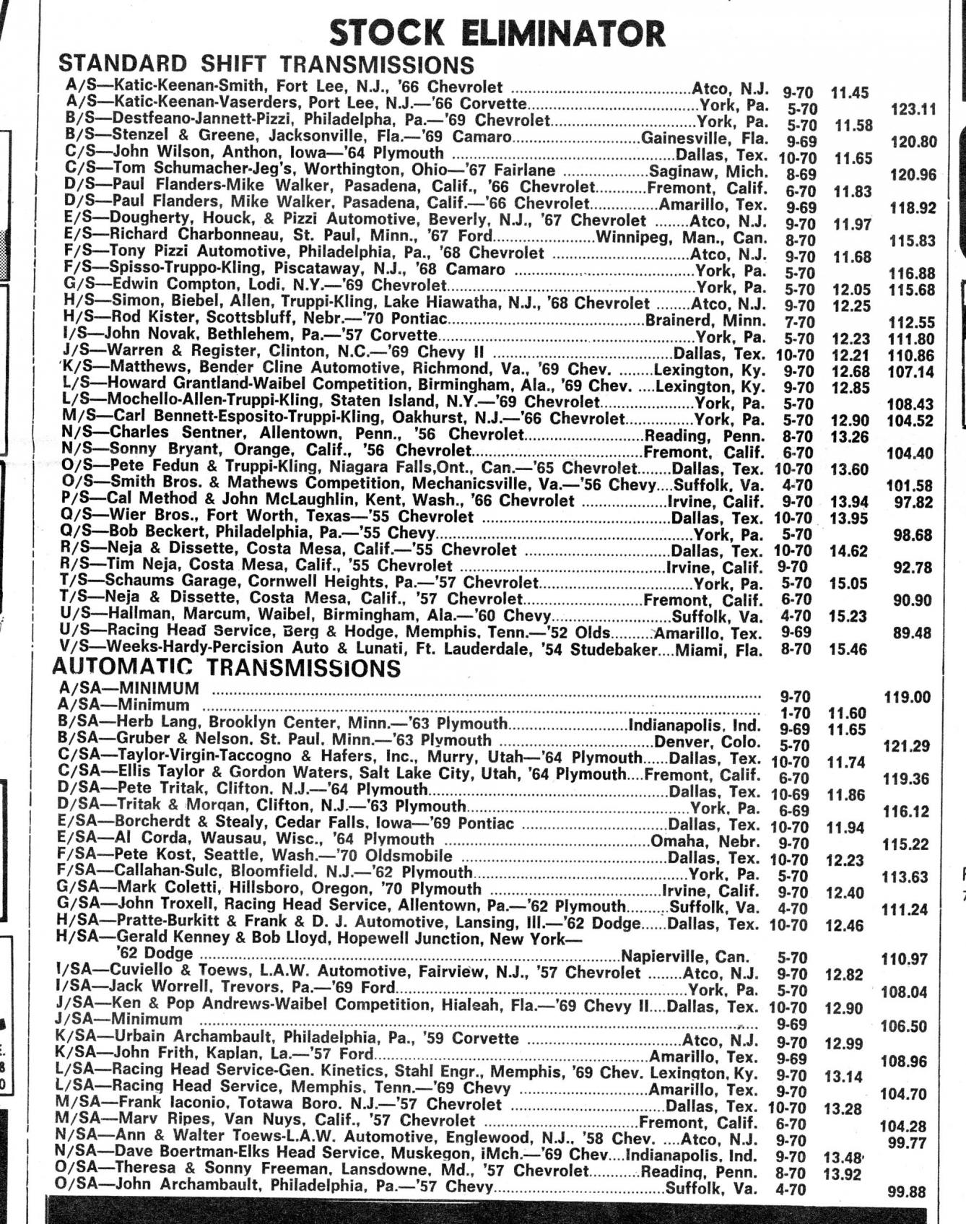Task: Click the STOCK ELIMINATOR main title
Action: (497, 33)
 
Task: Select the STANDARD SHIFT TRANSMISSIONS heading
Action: (266, 64)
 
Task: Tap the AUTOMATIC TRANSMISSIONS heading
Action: (226, 667)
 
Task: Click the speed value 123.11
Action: (913, 110)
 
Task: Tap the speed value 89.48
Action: (913, 633)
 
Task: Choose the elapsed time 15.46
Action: (848, 650)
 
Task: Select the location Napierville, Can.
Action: (684, 957)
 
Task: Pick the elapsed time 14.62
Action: (848, 552)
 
